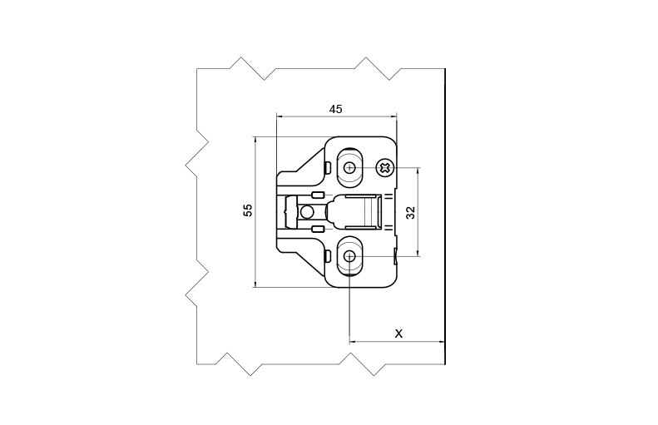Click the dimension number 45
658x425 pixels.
point(336,108)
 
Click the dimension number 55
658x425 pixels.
point(247,210)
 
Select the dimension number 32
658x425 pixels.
point(410,212)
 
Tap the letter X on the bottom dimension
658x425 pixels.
point(398,333)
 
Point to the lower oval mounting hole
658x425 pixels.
point(349,257)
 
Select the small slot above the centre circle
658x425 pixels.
point(317,195)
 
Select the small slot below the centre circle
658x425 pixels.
point(317,227)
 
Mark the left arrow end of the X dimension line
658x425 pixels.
point(350,341)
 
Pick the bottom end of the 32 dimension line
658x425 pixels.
point(418,256)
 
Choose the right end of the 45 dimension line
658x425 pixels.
point(396,116)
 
